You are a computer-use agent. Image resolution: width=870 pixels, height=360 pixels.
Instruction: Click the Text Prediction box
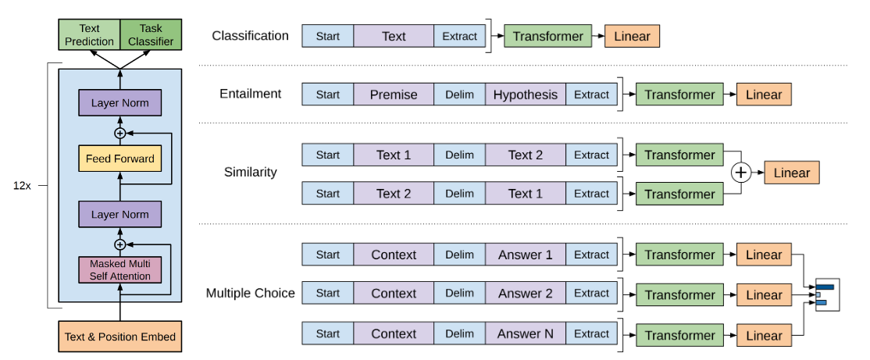pos(89,34)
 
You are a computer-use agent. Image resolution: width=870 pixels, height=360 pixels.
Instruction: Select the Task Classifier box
pos(151,34)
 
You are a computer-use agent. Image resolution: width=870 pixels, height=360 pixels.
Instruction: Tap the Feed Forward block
pos(119,159)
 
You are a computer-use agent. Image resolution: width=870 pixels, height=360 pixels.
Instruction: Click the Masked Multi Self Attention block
pos(119,269)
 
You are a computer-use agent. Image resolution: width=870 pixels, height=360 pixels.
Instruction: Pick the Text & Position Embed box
pos(119,336)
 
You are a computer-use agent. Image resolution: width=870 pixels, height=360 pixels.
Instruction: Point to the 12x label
pos(22,186)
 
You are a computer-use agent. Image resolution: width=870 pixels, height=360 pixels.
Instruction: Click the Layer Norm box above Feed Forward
pos(119,103)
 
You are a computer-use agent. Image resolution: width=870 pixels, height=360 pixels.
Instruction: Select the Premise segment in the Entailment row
pos(394,94)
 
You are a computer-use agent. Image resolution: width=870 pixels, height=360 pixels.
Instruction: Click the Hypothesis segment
pos(526,94)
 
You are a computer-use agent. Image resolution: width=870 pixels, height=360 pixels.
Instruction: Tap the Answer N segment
pos(526,334)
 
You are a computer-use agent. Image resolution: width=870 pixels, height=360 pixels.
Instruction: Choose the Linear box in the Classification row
pos(633,37)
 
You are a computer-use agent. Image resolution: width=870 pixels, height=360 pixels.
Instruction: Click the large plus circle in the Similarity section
pos(741,173)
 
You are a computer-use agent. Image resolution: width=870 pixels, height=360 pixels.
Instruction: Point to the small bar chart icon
pos(827,294)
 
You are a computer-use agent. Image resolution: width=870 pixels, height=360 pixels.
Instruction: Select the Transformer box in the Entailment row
pos(679,94)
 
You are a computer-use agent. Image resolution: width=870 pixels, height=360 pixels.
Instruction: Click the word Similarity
pos(250,172)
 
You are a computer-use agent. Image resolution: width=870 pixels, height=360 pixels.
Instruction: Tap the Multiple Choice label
pos(250,293)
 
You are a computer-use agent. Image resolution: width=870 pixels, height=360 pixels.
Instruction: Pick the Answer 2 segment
pos(526,294)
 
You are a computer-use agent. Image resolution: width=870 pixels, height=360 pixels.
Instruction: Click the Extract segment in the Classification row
pos(459,37)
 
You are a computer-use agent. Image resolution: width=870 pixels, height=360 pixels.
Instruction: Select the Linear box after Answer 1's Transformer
pos(764,255)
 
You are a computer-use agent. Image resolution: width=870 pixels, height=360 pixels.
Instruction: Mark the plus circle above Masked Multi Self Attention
pos(119,244)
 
